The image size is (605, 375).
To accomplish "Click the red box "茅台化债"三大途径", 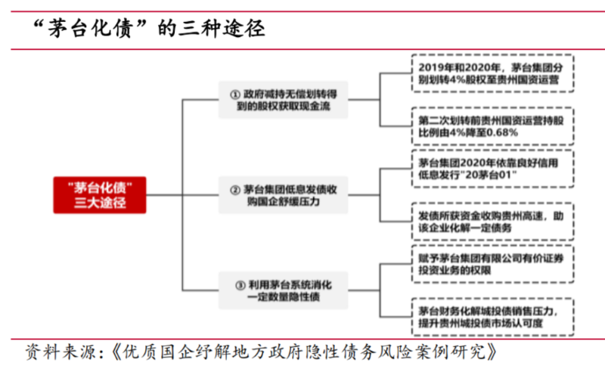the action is pyautogui.click(x=100, y=195).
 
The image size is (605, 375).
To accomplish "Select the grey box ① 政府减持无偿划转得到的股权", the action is pyautogui.click(x=283, y=100).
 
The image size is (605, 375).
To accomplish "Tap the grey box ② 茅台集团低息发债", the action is pyautogui.click(x=283, y=195).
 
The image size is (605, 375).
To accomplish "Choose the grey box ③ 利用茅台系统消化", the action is pyautogui.click(x=283, y=290).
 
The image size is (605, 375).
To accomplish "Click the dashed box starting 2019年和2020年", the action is pyautogui.click(x=493, y=73).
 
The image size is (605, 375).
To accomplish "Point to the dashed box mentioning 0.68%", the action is pyautogui.click(x=493, y=126).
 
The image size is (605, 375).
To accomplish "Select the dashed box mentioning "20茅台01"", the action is pyautogui.click(x=493, y=169).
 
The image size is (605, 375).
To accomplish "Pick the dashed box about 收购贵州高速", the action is pyautogui.click(x=493, y=222).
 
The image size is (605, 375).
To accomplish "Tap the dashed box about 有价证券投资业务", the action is pyautogui.click(x=493, y=264).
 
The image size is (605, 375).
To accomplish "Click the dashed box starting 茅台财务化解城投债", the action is pyautogui.click(x=493, y=317).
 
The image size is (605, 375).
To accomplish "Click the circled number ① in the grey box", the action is pyautogui.click(x=235, y=95).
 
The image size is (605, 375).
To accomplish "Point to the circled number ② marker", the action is pyautogui.click(x=235, y=190).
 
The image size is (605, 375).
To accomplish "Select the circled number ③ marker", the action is pyautogui.click(x=240, y=285).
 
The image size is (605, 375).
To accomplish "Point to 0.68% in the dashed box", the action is pyautogui.click(x=502, y=133).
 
